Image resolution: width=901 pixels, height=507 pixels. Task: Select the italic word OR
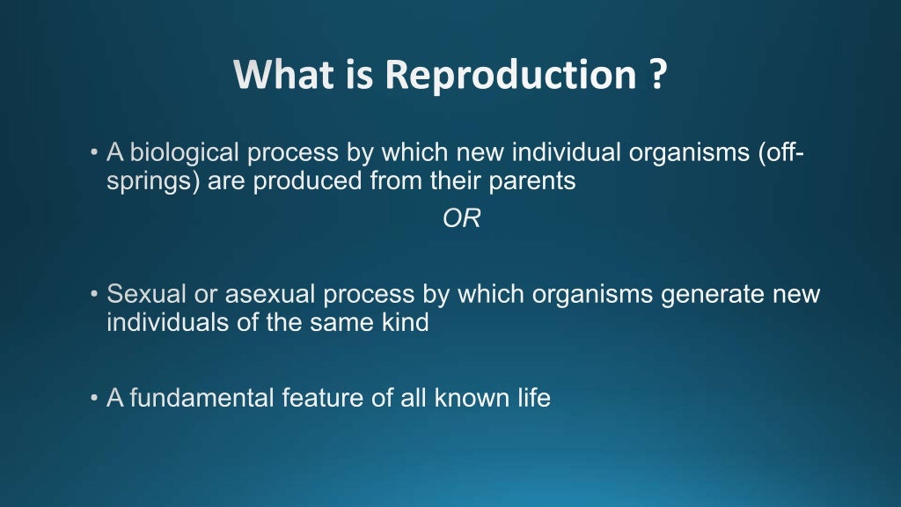pyautogui.click(x=461, y=219)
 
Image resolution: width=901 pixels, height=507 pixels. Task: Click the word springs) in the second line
pyautogui.click(x=154, y=181)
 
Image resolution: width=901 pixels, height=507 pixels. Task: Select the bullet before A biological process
pyautogui.click(x=94, y=154)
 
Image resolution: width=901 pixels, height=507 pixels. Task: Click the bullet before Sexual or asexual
pyautogui.click(x=94, y=295)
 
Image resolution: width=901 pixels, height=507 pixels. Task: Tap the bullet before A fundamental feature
pyautogui.click(x=94, y=399)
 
